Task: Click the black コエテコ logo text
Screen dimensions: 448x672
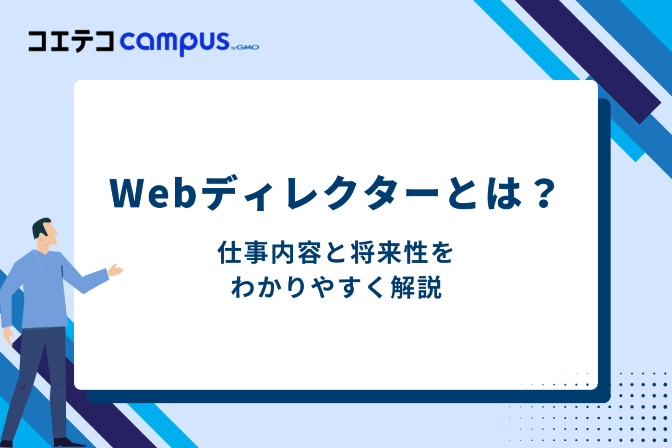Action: tap(71, 42)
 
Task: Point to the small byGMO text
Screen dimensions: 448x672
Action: tap(245, 47)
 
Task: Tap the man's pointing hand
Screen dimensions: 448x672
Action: tap(115, 270)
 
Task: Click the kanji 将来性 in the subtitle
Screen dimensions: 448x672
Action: tap(388, 253)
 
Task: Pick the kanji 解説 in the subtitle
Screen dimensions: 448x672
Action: tap(416, 288)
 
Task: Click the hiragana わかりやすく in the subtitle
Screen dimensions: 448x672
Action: tap(307, 288)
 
